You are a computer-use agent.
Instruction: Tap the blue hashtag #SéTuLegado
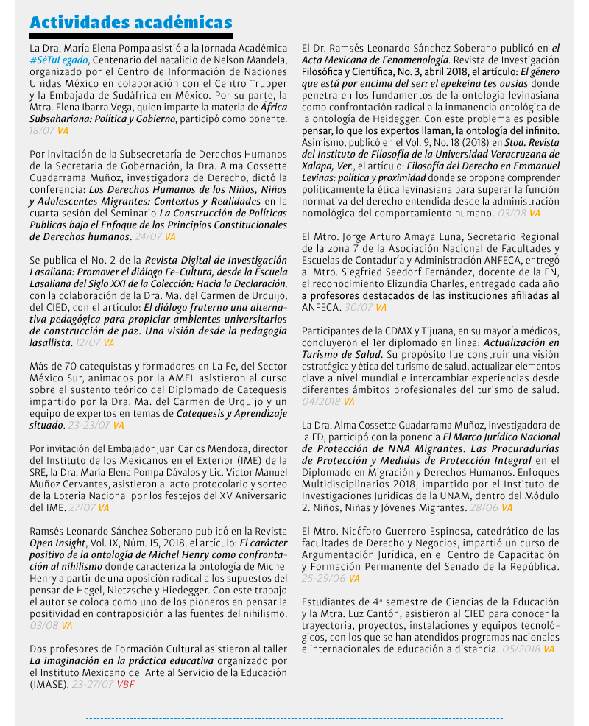[60, 59]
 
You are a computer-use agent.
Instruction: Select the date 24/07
[149, 236]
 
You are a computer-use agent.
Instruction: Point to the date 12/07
[88, 342]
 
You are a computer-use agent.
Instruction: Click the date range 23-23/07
[89, 425]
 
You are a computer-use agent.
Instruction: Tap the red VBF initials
[125, 684]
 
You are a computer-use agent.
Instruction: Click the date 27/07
[82, 507]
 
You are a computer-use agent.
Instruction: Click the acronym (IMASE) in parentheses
[49, 684]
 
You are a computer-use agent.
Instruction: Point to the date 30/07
[359, 307]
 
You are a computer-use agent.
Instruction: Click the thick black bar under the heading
[131, 35]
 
